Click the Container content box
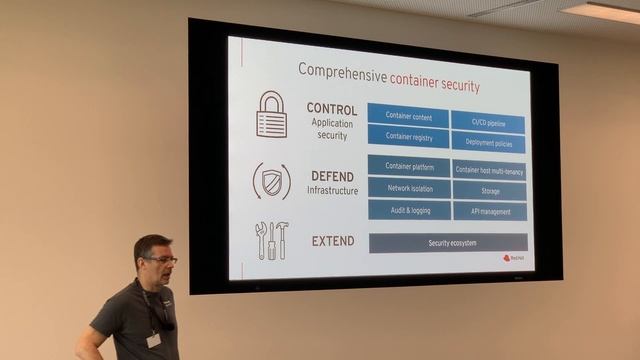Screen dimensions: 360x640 [408, 115]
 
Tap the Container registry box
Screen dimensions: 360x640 [408, 137]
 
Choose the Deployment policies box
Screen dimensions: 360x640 [488, 143]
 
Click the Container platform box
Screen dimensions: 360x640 [408, 166]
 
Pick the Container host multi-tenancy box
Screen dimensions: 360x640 [489, 170]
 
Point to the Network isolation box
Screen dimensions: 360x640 [408, 187]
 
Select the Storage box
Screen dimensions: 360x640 [489, 191]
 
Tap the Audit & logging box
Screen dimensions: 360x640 [408, 209]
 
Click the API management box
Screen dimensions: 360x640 [489, 212]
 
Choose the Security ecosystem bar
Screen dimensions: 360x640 [448, 243]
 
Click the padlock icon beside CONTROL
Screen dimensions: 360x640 [271, 114]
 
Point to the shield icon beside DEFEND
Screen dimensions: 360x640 [271, 181]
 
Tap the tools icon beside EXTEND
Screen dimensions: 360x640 [271, 240]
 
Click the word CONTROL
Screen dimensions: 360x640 [332, 108]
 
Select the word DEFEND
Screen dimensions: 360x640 [332, 176]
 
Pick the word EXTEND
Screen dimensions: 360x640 [332, 241]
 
